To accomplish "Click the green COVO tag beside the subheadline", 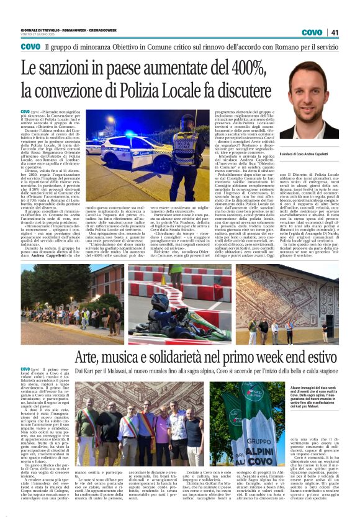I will [x=30, y=47].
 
